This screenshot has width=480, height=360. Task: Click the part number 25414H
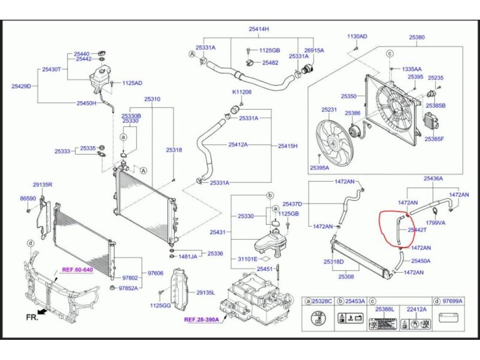[259, 29]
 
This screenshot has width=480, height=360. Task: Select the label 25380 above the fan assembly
[417, 37]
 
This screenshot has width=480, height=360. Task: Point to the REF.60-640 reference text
[77, 270]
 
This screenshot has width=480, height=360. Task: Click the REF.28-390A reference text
[202, 320]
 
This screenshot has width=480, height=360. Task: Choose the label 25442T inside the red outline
[417, 230]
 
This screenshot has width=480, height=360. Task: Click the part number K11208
[242, 92]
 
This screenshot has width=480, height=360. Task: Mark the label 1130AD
[357, 37]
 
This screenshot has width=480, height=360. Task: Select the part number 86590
[28, 199]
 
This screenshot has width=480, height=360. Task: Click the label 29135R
[42, 185]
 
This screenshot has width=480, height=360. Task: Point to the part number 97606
[156, 273]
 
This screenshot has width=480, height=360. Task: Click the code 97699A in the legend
[453, 301]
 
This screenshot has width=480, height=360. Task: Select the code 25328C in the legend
[322, 301]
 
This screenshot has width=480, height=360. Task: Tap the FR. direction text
[32, 317]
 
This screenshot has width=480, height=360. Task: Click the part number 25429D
[21, 86]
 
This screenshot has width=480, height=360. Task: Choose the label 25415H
[288, 146]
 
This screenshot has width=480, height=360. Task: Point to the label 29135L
[205, 292]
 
